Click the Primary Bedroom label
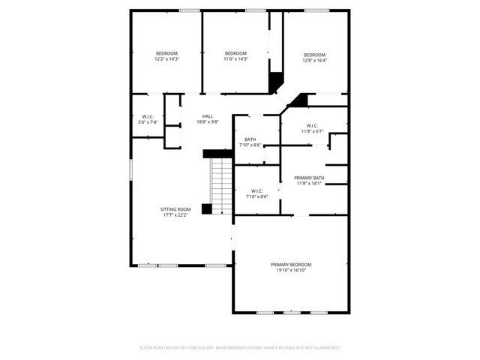coord(291,265)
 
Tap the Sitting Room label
coord(175,209)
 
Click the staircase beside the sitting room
coord(221,184)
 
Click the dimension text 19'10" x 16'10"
coord(291,270)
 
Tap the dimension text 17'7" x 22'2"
coord(175,214)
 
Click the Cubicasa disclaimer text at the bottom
coord(240,348)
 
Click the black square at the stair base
coord(207,209)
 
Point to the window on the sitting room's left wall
coord(131,169)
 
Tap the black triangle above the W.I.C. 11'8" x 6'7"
coord(300,99)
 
